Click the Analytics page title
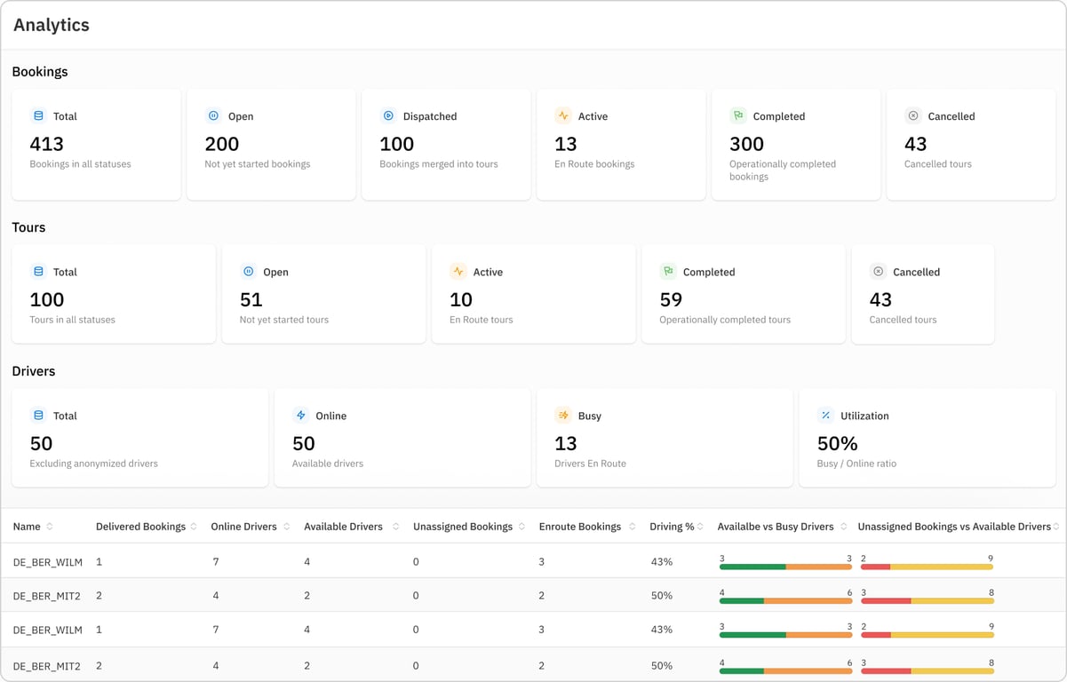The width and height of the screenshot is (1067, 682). [x=52, y=25]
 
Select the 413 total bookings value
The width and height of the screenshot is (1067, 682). [x=47, y=144]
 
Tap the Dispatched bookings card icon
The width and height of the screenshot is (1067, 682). [x=388, y=115]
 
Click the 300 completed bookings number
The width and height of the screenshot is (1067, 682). [x=746, y=144]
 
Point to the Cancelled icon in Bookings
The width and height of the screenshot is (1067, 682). [x=913, y=115]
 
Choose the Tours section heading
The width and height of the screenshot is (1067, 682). [x=28, y=227]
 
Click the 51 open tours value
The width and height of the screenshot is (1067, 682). [x=251, y=299]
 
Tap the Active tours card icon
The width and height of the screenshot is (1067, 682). [x=458, y=272]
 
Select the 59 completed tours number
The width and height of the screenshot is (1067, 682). [x=671, y=299]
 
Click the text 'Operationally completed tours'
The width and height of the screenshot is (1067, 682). [x=725, y=320]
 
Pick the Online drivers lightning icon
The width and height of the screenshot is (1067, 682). [x=300, y=416]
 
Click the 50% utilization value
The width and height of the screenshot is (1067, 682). [x=837, y=443]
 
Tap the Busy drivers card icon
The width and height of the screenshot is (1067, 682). [x=563, y=416]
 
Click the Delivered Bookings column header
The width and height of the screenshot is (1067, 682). [x=140, y=527]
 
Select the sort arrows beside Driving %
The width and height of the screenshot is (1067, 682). [x=700, y=527]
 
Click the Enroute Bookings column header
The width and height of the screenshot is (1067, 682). [x=580, y=527]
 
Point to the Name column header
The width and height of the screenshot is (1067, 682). [x=27, y=527]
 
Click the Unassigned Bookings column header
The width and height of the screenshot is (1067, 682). [x=463, y=527]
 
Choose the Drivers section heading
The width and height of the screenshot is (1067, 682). [x=34, y=371]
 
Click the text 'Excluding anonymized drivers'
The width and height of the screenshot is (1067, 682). [x=93, y=464]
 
